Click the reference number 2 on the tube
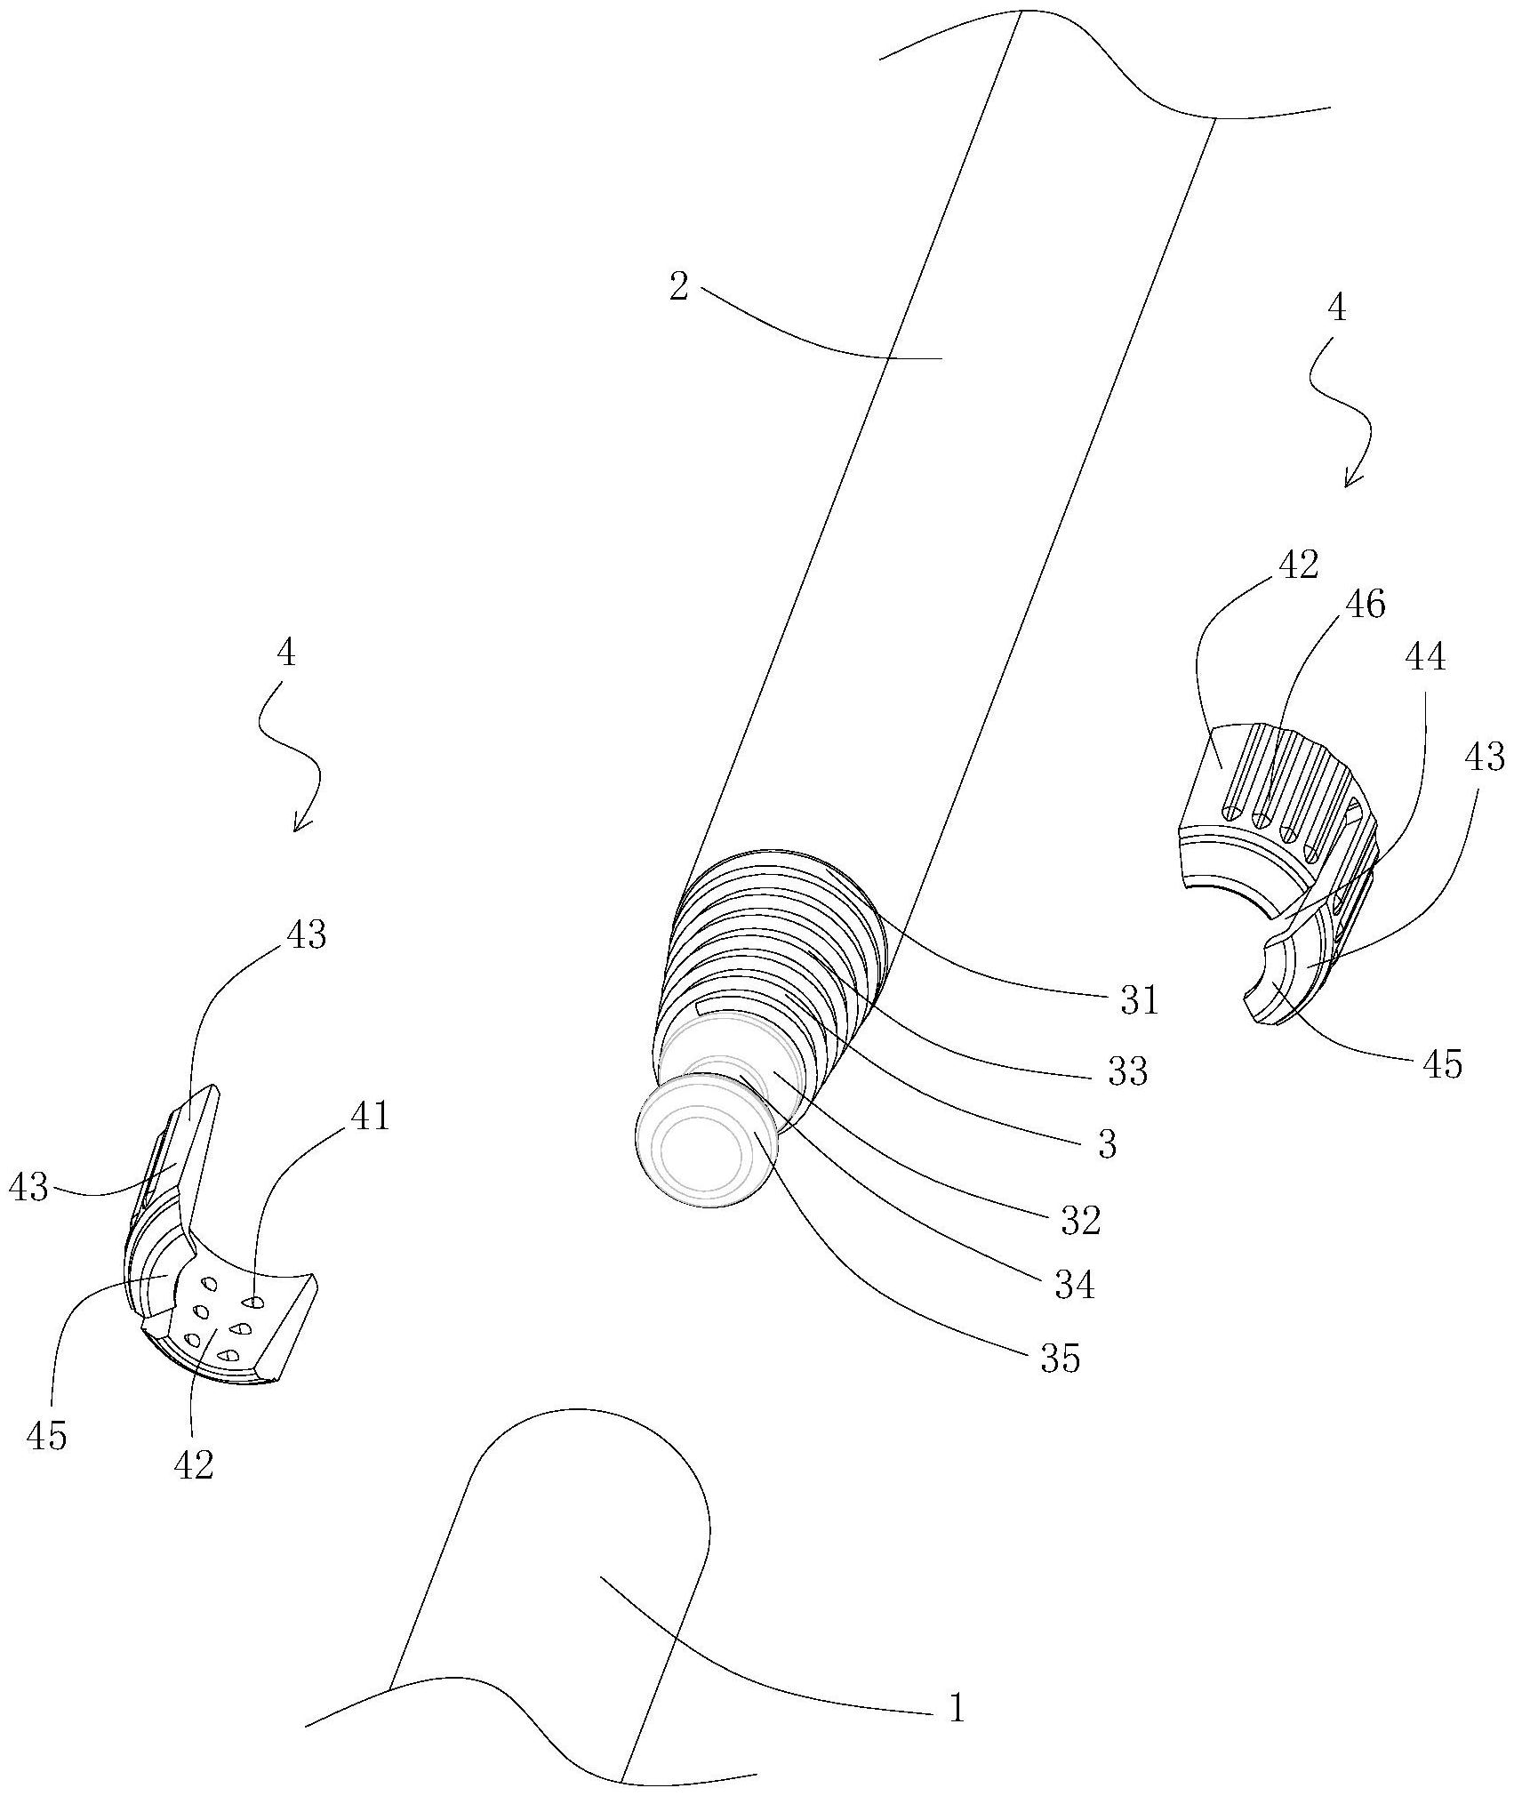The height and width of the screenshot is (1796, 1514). point(679,287)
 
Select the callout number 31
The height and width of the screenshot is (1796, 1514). point(1139,1000)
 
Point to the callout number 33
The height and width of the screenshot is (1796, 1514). point(1126,1072)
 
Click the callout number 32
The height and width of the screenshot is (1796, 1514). point(1080,1221)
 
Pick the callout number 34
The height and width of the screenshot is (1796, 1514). point(1074,1285)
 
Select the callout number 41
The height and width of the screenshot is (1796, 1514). point(370,1116)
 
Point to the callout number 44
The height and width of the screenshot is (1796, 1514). point(1425,658)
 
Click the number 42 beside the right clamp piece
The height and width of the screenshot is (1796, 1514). point(1298,565)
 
